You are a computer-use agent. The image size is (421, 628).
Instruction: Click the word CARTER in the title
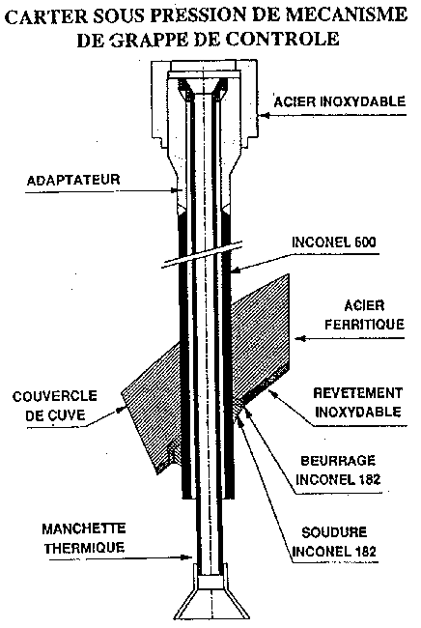click(46, 16)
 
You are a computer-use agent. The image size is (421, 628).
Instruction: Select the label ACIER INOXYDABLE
click(340, 101)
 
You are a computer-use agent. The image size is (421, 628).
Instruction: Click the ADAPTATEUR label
click(73, 180)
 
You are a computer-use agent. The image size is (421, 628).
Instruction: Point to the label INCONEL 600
click(334, 243)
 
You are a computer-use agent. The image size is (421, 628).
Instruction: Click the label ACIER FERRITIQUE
click(364, 315)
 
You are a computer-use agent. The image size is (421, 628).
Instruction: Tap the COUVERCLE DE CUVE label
click(55, 406)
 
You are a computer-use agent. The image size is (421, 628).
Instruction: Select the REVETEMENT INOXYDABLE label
click(358, 403)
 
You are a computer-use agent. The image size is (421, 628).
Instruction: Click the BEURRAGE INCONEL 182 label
click(338, 470)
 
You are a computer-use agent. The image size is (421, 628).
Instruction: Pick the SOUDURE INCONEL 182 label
click(334, 542)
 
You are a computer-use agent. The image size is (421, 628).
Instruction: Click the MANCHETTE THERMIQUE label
click(84, 538)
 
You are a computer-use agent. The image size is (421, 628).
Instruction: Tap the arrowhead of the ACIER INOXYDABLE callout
click(263, 115)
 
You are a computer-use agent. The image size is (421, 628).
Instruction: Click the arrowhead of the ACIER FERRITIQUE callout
click(300, 339)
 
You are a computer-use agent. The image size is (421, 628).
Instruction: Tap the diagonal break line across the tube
click(203, 254)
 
